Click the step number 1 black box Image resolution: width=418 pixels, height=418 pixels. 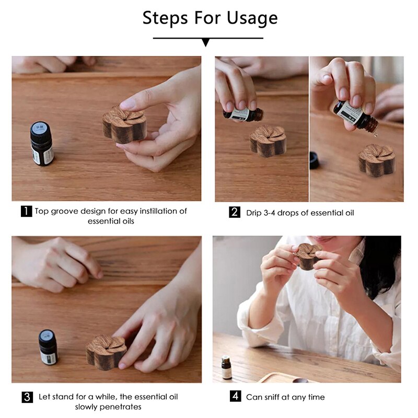(26, 212)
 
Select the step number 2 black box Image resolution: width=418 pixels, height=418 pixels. (235, 212)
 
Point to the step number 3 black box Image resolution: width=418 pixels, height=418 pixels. (27, 397)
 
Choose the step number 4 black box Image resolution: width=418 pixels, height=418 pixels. (235, 397)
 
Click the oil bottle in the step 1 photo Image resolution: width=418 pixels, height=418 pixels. (41, 144)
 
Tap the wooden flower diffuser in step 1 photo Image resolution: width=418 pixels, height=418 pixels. (125, 124)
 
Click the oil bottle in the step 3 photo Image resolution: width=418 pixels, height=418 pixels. (48, 347)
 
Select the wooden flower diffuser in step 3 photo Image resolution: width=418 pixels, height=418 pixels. (106, 353)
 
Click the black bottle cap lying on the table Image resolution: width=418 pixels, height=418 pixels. (314, 160)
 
